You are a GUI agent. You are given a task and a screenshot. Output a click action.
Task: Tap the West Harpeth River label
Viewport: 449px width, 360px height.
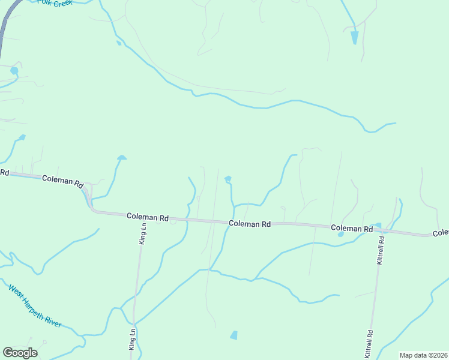[34, 306]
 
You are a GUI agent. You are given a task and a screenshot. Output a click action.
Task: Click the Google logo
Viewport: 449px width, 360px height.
[20, 353]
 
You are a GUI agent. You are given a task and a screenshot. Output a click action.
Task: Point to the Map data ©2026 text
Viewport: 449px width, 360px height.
[423, 355]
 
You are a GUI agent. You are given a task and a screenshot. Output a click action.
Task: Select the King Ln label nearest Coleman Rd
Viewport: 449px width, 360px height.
[143, 233]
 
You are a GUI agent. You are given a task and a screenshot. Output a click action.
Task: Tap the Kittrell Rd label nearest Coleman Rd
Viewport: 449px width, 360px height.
[380, 249]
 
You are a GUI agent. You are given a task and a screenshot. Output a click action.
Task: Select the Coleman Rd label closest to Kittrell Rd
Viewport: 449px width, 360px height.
[351, 229]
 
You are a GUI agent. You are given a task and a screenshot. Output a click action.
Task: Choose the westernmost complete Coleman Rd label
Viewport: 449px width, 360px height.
[62, 181]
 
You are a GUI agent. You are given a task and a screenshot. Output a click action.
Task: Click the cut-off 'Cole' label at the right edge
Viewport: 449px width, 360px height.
[441, 233]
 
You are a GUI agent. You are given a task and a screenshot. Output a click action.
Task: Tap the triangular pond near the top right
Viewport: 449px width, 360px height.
[354, 37]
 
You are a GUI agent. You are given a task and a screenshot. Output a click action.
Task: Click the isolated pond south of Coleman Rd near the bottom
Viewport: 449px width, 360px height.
[234, 335]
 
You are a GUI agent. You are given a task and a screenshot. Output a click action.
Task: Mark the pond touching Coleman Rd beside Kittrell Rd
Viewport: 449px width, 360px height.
[377, 226]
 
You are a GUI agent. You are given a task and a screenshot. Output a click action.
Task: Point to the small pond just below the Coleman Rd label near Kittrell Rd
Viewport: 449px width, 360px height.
[340, 235]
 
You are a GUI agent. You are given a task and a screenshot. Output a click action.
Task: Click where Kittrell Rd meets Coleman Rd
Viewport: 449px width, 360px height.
[382, 230]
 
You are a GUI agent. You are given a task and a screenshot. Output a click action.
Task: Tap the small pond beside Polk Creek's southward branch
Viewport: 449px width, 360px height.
[119, 43]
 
